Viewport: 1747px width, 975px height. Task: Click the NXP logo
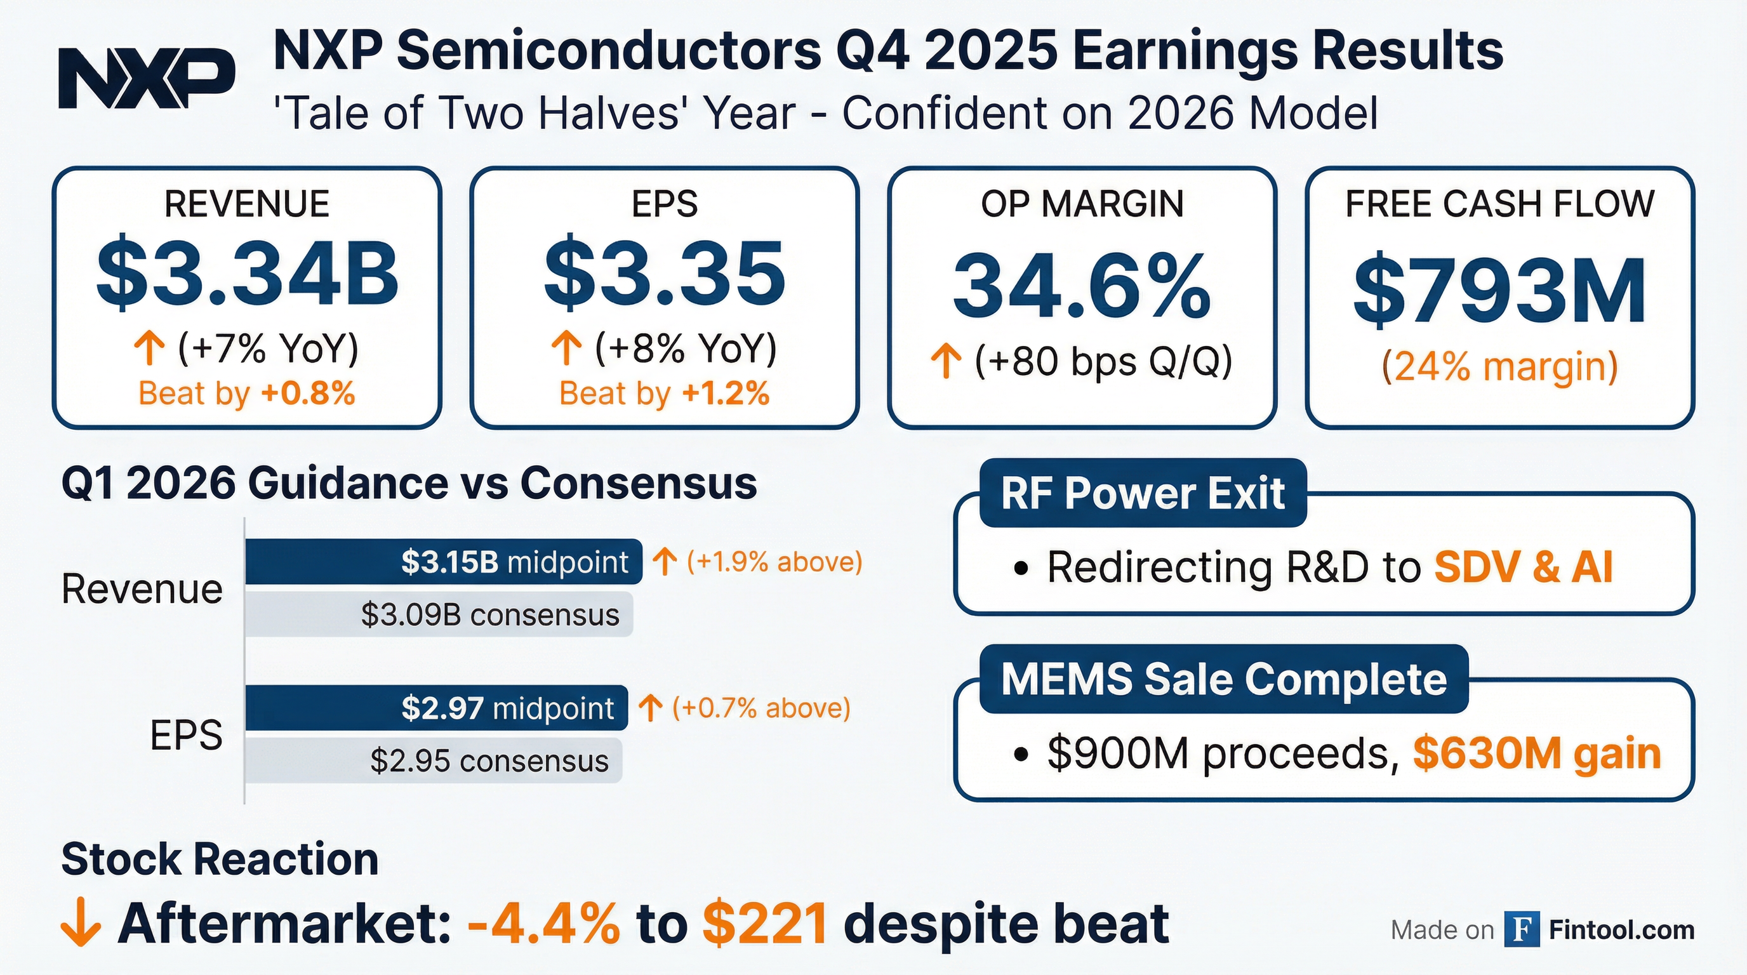(x=147, y=78)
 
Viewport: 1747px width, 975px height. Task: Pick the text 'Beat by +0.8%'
(x=247, y=394)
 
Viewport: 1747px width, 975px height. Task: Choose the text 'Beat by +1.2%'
(x=664, y=394)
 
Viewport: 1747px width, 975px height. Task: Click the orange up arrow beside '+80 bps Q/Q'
(x=945, y=361)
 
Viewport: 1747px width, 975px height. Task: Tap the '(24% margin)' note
(x=1499, y=367)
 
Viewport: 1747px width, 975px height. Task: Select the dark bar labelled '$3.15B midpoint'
(x=444, y=561)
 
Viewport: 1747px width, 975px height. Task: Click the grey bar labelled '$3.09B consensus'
(x=439, y=614)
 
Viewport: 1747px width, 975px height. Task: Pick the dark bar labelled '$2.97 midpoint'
(x=437, y=708)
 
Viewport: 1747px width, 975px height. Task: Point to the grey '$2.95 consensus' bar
(x=434, y=760)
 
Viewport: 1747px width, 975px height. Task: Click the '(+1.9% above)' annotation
(x=774, y=561)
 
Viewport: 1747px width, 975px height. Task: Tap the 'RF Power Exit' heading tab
(x=1143, y=493)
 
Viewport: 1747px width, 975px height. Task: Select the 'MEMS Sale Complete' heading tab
(x=1224, y=679)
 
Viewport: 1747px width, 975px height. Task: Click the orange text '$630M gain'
(x=1537, y=753)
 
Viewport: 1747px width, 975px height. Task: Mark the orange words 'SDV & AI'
(x=1523, y=567)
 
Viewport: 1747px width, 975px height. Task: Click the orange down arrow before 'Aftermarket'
(x=81, y=923)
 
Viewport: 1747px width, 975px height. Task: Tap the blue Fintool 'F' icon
(x=1521, y=929)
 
